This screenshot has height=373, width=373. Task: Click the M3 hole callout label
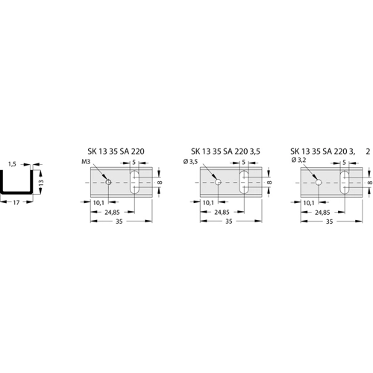pos(87,162)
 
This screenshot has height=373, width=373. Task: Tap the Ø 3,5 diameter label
pos(190,162)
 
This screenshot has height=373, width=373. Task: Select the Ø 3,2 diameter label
pos(298,160)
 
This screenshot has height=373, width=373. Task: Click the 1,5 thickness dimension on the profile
pos(13,164)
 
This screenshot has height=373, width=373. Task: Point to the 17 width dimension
pos(16,203)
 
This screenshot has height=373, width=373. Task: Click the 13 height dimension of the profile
pos(41,182)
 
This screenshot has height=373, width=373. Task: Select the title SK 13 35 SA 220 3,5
pos(225,151)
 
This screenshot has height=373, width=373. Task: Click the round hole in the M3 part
pos(108,182)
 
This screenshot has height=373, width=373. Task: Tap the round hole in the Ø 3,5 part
pos(218,182)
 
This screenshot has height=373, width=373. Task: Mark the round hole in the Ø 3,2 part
pos(319,183)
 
